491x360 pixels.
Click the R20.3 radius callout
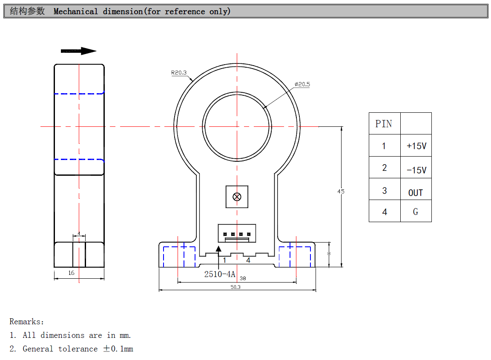[x=179, y=73]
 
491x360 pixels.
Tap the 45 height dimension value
[x=341, y=191]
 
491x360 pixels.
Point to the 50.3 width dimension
[x=235, y=287]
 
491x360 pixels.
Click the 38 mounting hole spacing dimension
[x=243, y=278]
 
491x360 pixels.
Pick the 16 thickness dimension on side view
[x=71, y=273]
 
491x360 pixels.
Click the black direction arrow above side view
[x=79, y=51]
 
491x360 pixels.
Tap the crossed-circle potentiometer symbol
[x=237, y=197]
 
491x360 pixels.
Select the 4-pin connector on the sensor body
[x=237, y=233]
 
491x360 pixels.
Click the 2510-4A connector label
[x=220, y=274]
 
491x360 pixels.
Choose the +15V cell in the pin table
[x=416, y=146]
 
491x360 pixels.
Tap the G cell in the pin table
[x=416, y=211]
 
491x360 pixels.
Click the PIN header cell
[x=384, y=124]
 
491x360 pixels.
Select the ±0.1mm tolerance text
[x=118, y=349]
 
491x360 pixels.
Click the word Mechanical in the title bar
[x=76, y=11]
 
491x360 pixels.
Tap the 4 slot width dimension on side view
[x=79, y=234]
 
